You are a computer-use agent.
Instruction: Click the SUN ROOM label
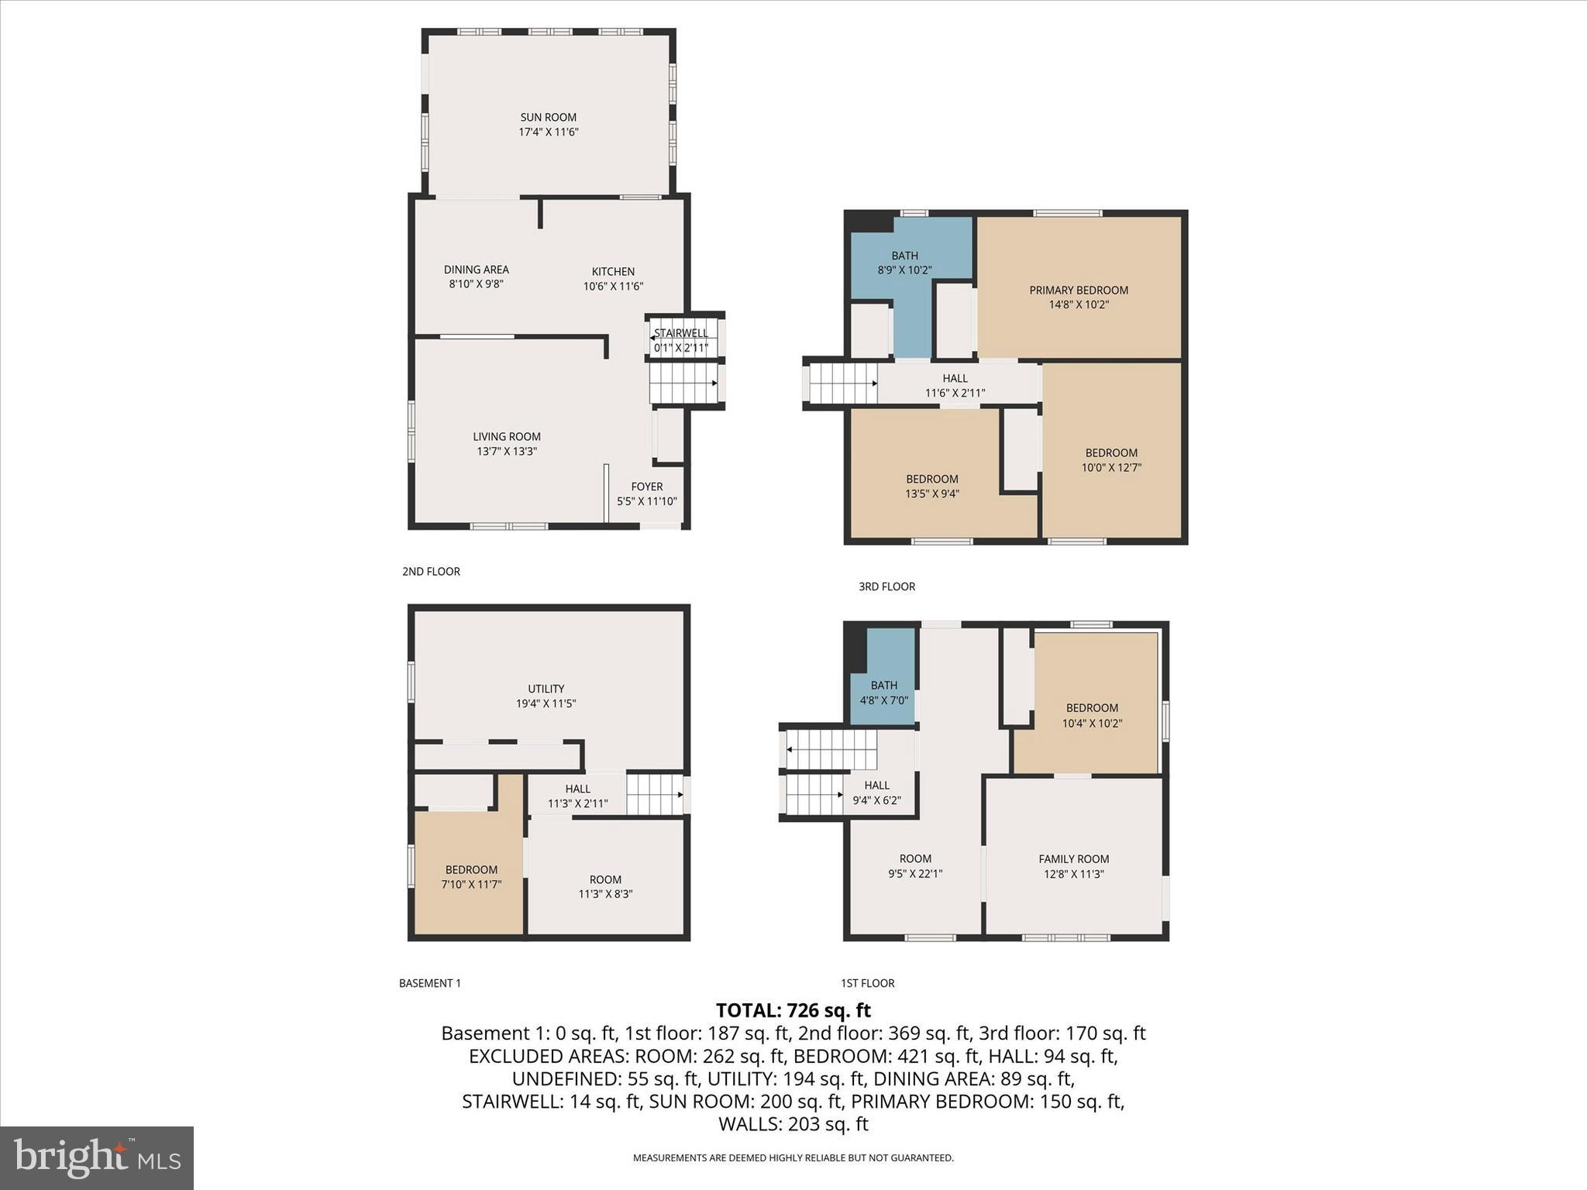point(548,118)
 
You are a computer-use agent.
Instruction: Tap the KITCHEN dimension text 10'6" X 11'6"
point(613,286)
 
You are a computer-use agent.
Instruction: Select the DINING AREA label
point(476,270)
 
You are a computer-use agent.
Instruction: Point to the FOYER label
point(646,487)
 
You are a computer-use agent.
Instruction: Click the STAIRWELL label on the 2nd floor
point(680,333)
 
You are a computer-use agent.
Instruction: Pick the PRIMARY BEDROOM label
point(1078,291)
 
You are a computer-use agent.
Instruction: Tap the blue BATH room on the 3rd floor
point(904,263)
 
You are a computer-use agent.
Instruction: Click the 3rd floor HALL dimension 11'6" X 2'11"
point(955,393)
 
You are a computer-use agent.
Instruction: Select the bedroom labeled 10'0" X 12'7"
point(1110,460)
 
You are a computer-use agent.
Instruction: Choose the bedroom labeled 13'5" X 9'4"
point(932,487)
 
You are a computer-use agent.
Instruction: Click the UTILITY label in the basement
point(546,689)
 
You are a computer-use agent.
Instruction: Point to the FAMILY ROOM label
point(1073,858)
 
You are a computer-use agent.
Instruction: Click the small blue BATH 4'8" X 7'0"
point(883,692)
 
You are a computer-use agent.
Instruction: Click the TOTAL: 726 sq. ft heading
point(793,1010)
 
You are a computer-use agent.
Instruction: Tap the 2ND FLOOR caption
point(431,572)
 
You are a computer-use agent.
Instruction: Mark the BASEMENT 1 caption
point(429,983)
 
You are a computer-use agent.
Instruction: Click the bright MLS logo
point(97,1157)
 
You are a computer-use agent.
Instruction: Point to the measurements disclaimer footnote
point(793,1158)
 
